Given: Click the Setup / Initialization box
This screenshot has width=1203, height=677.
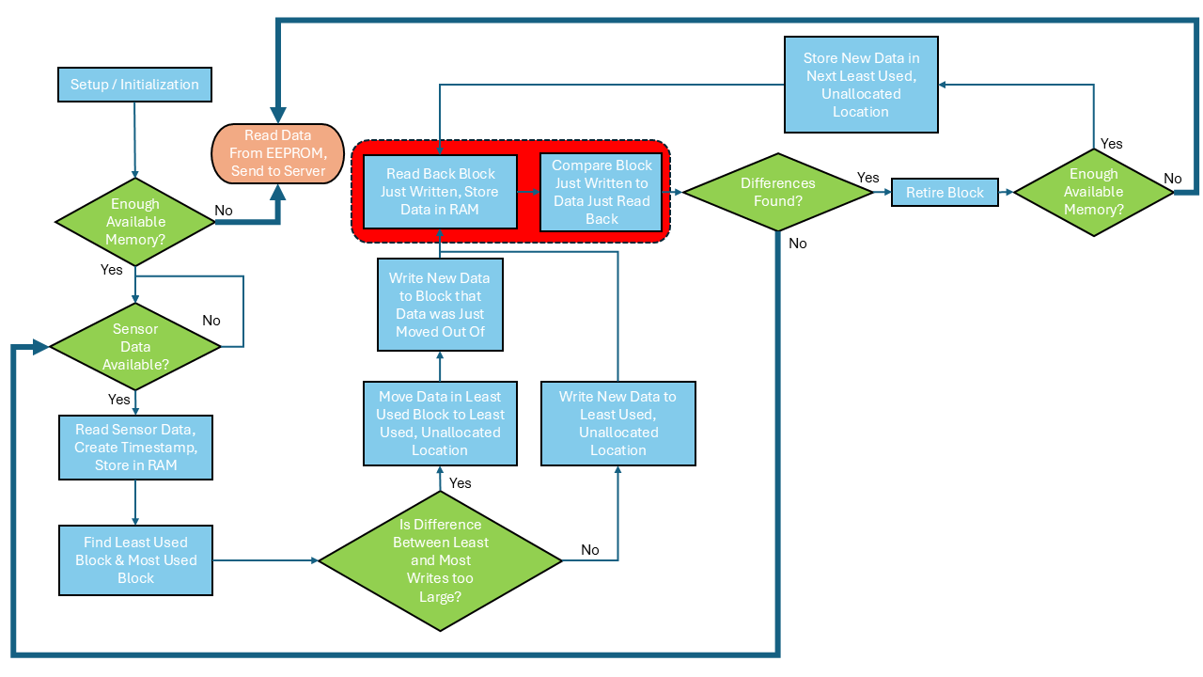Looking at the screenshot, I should coord(134,85).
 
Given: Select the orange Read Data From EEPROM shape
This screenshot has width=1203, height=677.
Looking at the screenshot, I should coord(278,152).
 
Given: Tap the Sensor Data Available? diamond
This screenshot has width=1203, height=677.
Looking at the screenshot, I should coord(135,347).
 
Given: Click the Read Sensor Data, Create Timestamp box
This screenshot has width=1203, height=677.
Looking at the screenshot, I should coord(135,447).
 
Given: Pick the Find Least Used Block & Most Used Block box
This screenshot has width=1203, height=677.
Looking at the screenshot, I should coord(135,559).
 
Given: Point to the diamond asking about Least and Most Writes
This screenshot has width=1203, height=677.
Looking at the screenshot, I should coord(440,560).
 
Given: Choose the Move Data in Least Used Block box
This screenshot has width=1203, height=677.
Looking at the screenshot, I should coord(440,423).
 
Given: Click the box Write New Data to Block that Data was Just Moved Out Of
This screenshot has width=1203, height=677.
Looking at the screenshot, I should coord(440,305).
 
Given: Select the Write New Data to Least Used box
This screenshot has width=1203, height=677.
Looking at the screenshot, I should coord(617,423).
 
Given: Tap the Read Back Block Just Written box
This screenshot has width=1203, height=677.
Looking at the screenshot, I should coord(440,192).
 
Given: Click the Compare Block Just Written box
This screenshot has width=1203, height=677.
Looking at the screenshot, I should coord(601,192).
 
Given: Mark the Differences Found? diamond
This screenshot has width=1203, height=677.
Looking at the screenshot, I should coord(777,192).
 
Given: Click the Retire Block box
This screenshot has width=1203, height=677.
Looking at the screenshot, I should coord(945,192).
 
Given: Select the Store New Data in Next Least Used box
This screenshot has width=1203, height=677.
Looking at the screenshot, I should coord(861,85).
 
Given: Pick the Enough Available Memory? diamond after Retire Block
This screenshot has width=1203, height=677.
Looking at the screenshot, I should coord(1093,192).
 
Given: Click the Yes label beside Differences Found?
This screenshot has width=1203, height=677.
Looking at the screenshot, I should coord(868,178).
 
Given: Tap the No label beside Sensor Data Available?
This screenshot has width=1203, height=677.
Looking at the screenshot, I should coord(211,321).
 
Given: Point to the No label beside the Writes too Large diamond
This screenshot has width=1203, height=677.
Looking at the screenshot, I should coord(590,550).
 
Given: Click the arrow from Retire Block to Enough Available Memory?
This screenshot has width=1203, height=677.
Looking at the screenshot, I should coord(1006,192).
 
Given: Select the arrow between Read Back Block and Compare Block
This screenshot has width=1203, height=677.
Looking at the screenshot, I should coord(528,192).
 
